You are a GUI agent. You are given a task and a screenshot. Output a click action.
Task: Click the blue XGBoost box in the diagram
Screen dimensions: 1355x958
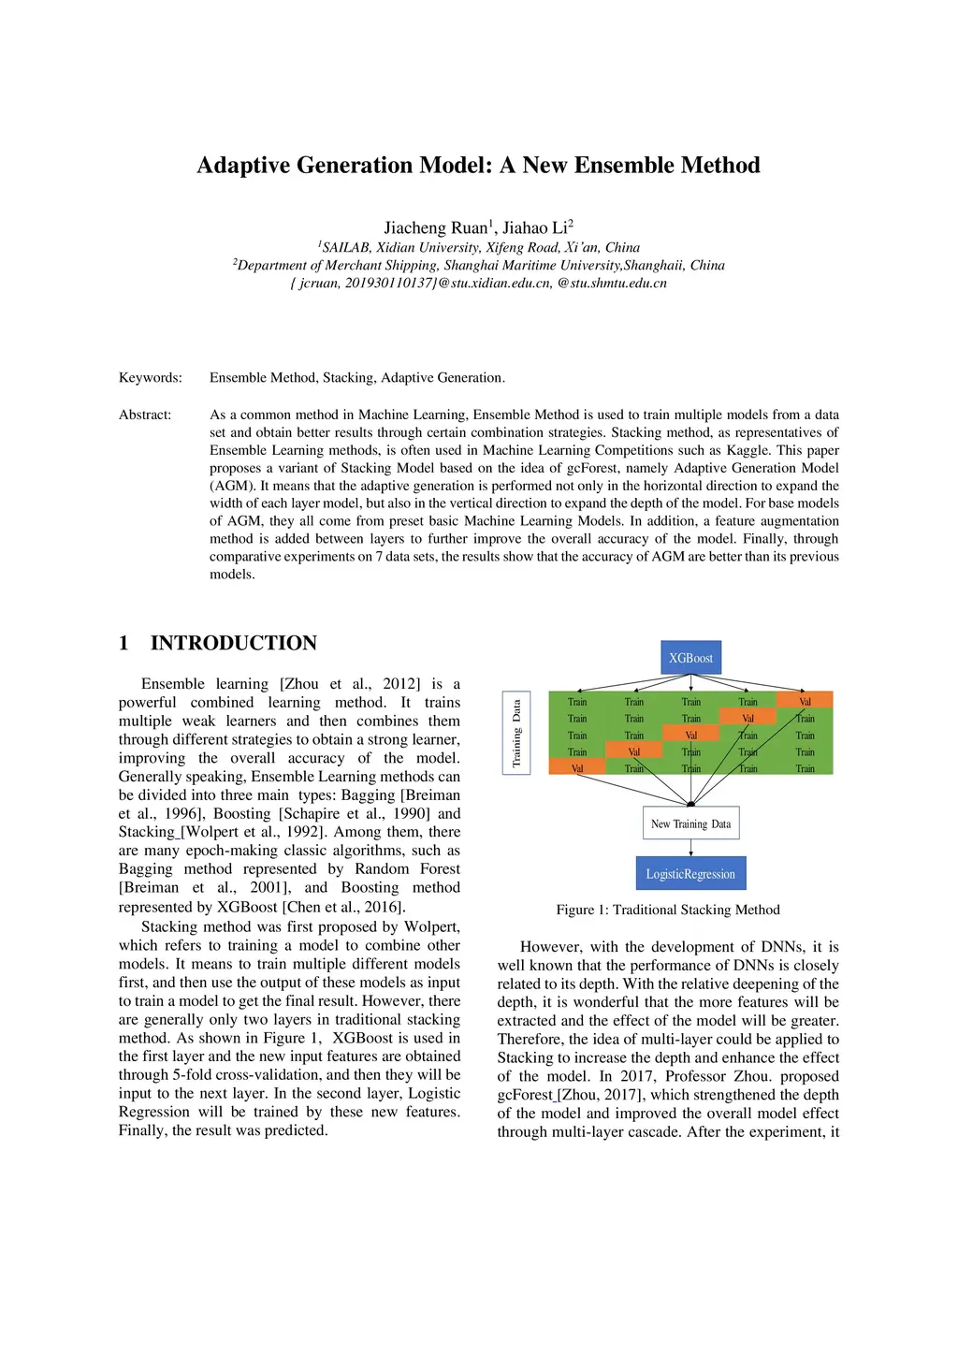(x=690, y=658)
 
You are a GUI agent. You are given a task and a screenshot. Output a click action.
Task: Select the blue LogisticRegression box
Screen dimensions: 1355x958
(x=690, y=873)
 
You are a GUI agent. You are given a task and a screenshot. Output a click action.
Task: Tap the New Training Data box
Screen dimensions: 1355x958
(x=690, y=823)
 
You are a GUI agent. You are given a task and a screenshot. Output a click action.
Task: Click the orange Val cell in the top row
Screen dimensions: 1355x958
(x=805, y=701)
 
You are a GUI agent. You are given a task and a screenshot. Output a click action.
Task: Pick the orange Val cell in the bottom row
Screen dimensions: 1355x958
(x=576, y=768)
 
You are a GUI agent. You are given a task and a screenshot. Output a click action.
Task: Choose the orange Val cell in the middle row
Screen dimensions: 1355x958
(x=690, y=735)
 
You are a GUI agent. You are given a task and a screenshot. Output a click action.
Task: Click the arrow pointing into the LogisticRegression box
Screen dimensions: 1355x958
(x=690, y=848)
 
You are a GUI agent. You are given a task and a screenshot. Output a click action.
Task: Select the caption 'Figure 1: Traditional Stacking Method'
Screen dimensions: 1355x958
(x=667, y=910)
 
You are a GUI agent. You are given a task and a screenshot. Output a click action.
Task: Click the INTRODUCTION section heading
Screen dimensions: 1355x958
(x=233, y=643)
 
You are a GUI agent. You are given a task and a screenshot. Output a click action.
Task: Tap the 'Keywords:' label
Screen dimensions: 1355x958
(x=150, y=378)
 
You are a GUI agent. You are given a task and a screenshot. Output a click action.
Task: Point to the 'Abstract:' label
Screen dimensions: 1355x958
(x=145, y=415)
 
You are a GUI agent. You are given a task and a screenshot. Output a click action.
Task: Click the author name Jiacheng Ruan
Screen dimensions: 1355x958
(x=436, y=227)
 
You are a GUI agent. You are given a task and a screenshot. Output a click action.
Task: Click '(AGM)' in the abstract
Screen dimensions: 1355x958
(x=232, y=486)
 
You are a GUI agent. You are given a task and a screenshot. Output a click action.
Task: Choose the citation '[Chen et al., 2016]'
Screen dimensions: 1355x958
(x=343, y=907)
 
